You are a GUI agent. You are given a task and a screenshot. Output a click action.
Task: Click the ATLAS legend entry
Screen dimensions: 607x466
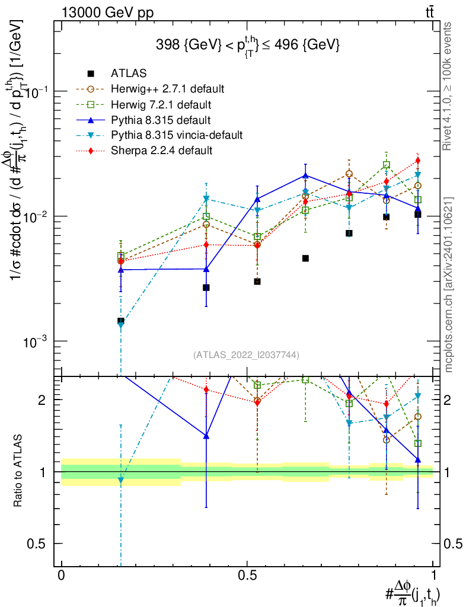[129, 74]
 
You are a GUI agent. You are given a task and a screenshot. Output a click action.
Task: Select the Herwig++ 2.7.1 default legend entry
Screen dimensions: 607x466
[168, 89]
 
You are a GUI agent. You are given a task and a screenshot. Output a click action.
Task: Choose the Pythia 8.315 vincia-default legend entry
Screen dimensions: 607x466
[177, 135]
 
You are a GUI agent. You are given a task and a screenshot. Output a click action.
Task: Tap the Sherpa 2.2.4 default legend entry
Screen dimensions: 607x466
[162, 151]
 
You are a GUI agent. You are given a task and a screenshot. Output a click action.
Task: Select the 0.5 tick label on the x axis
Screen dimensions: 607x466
[247, 576]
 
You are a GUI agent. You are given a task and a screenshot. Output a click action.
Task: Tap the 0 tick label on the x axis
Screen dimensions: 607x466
[61, 576]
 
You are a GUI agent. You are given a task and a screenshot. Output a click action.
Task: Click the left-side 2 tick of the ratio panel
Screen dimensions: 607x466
[43, 400]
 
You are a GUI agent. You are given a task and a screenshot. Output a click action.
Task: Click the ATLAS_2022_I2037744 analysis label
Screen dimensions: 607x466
[246, 355]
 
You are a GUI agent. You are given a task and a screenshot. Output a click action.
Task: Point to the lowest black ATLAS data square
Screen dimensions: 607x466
[121, 321]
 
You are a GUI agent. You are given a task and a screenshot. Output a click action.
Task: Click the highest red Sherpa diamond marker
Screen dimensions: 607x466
[418, 161]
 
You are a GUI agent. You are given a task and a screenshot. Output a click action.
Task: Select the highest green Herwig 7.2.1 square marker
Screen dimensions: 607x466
[387, 165]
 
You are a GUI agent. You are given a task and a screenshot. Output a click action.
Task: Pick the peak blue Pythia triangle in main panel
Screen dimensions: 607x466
[305, 175]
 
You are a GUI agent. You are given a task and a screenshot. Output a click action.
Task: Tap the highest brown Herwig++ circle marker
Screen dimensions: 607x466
[349, 174]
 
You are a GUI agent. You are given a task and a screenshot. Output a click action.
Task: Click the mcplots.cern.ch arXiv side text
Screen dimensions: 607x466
[449, 285]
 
